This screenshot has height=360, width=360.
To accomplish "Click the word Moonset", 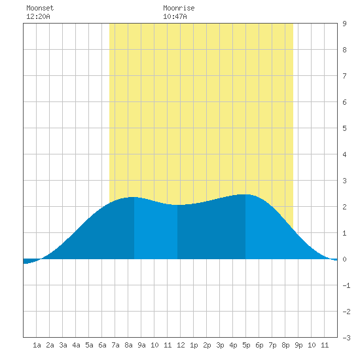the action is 40,8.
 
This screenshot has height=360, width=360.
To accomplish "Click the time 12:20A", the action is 38,16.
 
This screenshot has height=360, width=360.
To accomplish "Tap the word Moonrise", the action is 179,8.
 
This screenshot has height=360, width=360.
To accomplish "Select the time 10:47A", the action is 175,16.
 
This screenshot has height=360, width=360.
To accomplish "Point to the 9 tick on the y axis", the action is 344,24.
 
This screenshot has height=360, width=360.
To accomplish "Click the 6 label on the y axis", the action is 344,102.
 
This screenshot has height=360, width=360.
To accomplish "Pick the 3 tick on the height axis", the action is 344,181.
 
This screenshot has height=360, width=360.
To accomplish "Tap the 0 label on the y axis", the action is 344,259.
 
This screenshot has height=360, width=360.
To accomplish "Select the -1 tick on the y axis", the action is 346,285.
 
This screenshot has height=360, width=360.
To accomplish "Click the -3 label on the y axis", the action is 346,338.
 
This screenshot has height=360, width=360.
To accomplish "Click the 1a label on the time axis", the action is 37,345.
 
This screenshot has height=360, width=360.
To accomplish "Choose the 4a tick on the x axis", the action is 76,345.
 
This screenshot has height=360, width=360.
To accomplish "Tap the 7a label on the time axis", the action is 115,345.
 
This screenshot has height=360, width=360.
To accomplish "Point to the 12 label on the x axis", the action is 181,345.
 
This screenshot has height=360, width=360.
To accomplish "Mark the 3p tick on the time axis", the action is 220,345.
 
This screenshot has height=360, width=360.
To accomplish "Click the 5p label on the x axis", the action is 246,345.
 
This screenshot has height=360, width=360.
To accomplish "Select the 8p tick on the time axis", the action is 285,345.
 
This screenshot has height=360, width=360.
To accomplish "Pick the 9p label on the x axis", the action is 298,345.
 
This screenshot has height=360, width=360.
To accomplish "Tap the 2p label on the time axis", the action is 207,345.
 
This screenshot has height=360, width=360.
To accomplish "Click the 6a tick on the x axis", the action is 102,345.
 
